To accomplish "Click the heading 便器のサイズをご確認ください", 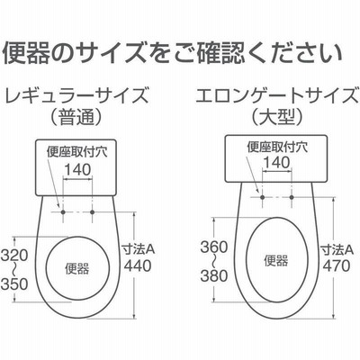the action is pos(173,53).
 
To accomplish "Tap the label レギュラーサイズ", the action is pos(76,94).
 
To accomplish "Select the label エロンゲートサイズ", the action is pos(278,94).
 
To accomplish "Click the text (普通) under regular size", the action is pos(76,117).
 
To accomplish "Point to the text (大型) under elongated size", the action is pos(277,117).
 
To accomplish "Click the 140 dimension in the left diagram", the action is pos(77,170).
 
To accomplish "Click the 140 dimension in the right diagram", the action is pos(277,162).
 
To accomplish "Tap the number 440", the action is pos(138,265).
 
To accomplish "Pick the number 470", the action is pos(337,265).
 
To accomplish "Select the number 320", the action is pos(14,256).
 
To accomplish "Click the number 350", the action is pos(14,283).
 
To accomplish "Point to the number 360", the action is pos(214,247).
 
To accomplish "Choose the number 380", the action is pos(214,275).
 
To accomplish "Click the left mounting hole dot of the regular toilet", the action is pos(63,212).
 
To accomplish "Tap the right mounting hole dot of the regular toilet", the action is pos(92,212).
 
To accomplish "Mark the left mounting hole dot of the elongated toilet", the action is pos(263,197).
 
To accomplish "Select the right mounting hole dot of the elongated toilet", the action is pos(292,197).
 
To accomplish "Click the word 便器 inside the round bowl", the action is pos(77,268).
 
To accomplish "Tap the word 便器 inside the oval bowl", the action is pos(276,260).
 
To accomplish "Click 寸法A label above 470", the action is pos(337,249).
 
